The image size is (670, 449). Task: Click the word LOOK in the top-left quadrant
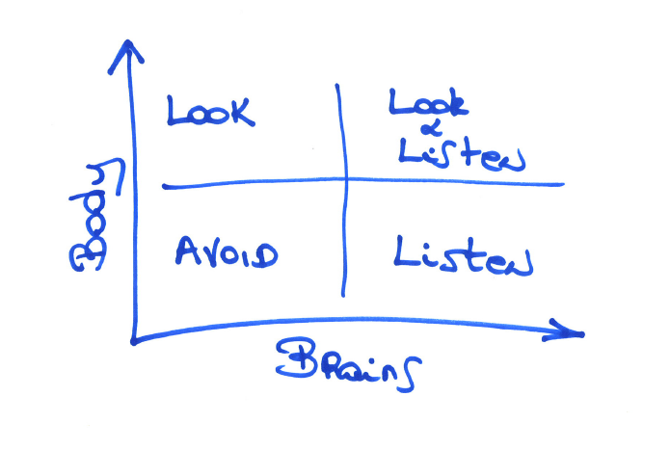coord(211,111)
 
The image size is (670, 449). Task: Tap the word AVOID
coord(227,254)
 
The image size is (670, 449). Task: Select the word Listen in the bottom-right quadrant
coord(463,255)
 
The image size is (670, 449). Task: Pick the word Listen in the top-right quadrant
coord(461,154)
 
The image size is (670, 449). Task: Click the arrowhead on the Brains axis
coord(575,331)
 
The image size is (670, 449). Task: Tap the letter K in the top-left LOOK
coord(241,111)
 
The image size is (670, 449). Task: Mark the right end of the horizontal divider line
coord(562,184)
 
